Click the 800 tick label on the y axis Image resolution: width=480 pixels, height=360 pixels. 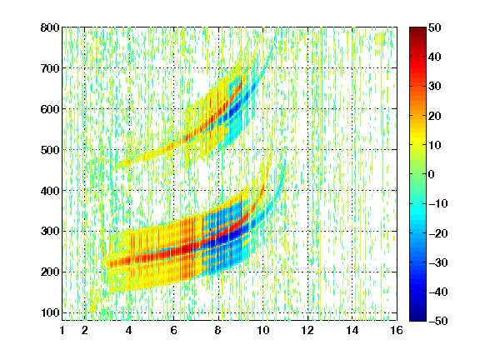point(50,27)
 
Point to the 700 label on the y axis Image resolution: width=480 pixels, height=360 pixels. point(50,68)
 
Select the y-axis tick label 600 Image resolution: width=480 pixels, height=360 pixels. point(50,109)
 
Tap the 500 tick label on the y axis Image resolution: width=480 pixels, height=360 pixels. point(50,150)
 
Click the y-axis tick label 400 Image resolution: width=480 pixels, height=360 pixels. point(50,191)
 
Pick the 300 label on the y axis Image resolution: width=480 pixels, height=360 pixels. point(50,231)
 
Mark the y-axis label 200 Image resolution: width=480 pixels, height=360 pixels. point(50,272)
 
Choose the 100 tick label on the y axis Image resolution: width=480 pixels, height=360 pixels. point(50,312)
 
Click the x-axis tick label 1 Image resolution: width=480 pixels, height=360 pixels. point(62,330)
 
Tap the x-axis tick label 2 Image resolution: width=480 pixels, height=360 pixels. point(85,330)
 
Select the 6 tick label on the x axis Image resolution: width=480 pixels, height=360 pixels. point(174,330)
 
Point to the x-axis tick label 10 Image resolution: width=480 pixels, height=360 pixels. point(263,330)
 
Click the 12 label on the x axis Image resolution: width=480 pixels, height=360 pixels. point(307,330)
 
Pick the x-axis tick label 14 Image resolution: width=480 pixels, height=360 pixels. point(352,330)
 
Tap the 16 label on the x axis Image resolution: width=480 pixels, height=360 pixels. point(397,330)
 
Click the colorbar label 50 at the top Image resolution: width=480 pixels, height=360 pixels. point(434,27)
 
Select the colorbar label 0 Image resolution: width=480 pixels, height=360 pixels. point(432,174)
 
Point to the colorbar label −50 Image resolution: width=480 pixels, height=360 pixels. point(437,321)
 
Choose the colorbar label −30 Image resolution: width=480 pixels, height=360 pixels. point(437,262)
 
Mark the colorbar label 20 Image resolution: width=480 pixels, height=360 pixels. point(434,116)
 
